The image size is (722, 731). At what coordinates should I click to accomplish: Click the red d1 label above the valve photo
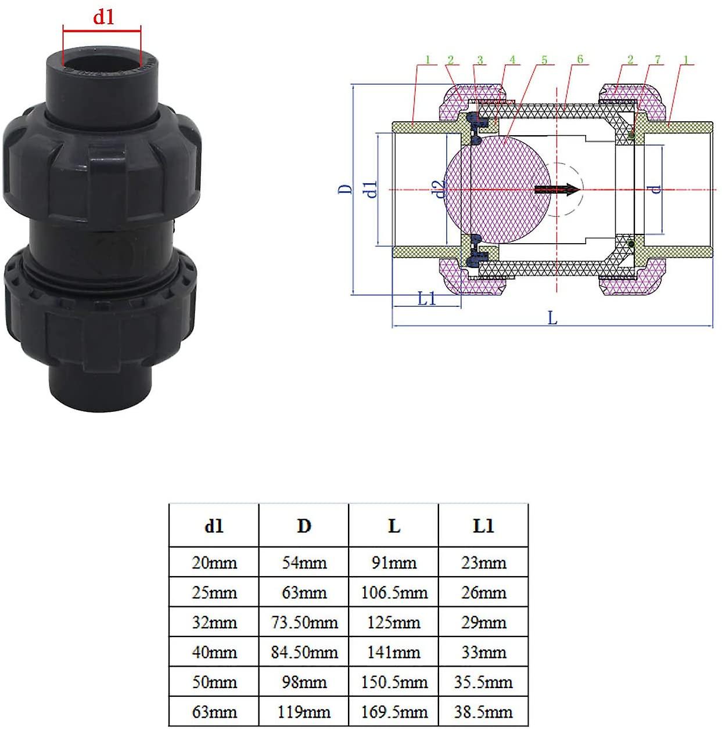pyautogui.click(x=103, y=17)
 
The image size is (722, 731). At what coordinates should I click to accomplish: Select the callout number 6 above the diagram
pyautogui.click(x=580, y=59)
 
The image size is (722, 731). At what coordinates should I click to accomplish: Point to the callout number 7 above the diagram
pyautogui.click(x=658, y=60)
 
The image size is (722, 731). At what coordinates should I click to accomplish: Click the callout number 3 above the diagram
pyautogui.click(x=480, y=60)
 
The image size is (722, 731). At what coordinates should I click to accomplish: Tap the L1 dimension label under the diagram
pyautogui.click(x=426, y=299)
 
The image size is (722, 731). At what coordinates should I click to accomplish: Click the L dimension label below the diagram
pyautogui.click(x=552, y=318)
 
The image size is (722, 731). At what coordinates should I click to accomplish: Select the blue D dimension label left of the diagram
pyautogui.click(x=345, y=189)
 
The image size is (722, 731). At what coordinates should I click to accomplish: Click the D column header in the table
pyautogui.click(x=304, y=526)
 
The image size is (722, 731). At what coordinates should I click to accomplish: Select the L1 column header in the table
pyautogui.click(x=483, y=526)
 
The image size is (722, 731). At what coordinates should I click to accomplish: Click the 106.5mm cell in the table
pyautogui.click(x=394, y=593)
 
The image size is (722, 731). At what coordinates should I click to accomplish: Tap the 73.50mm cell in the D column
pyautogui.click(x=304, y=623)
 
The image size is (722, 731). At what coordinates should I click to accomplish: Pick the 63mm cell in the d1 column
pyautogui.click(x=214, y=712)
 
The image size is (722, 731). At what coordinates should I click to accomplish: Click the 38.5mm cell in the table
pyautogui.click(x=483, y=712)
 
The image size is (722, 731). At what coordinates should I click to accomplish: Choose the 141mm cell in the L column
pyautogui.click(x=394, y=653)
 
